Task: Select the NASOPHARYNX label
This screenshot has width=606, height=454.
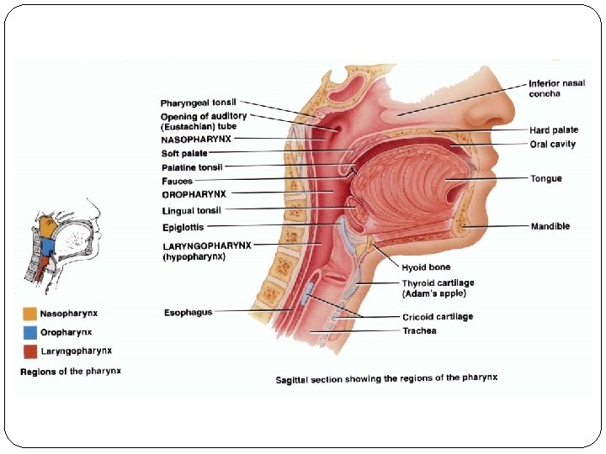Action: click(x=196, y=139)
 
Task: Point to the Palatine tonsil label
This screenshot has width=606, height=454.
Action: click(x=191, y=167)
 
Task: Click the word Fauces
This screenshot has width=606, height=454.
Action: click(x=177, y=181)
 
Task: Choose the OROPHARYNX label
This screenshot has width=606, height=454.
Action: click(x=194, y=194)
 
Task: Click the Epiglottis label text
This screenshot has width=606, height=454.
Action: click(x=182, y=227)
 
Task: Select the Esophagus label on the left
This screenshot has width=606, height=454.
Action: click(x=188, y=313)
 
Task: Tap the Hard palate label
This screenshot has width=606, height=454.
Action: click(x=554, y=130)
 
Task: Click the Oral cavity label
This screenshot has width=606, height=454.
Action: click(x=552, y=144)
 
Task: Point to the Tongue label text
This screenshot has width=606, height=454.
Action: click(x=545, y=178)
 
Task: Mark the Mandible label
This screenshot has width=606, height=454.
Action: click(x=550, y=226)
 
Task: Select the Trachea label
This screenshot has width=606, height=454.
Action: click(x=419, y=331)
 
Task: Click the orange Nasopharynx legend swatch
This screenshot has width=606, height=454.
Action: click(x=29, y=314)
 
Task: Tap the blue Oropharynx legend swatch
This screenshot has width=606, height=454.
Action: click(x=29, y=333)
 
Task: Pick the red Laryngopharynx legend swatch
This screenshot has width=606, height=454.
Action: click(x=29, y=351)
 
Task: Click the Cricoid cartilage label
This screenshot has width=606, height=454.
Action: click(x=437, y=317)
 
